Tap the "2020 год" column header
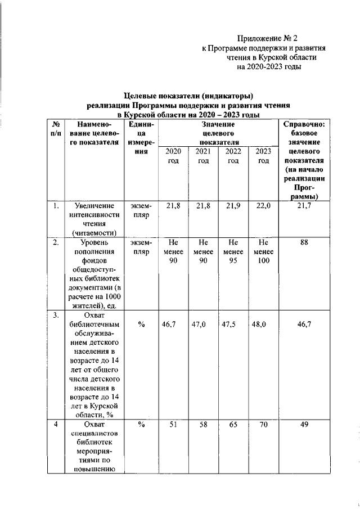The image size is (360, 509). (173, 156)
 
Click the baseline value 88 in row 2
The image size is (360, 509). (304, 242)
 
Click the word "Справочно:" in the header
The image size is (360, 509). (304, 125)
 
